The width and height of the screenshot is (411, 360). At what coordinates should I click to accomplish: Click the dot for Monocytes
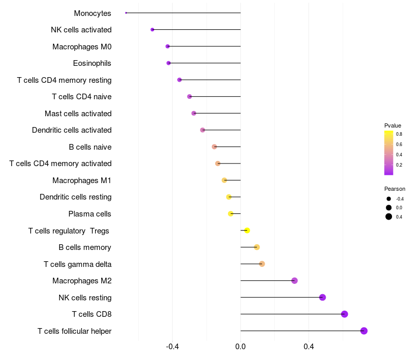(x=126, y=13)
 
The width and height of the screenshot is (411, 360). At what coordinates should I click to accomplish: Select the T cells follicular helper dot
(x=364, y=331)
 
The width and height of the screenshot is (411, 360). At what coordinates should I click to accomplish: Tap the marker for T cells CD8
(x=344, y=314)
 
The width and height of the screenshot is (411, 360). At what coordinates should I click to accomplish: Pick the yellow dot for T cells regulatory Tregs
(x=247, y=230)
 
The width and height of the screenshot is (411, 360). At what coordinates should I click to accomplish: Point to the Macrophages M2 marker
(x=294, y=281)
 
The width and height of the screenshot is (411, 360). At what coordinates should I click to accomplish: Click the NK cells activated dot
(x=152, y=30)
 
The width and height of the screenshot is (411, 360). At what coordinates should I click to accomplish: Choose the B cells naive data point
(x=214, y=147)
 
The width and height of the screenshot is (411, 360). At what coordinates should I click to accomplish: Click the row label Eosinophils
(x=92, y=63)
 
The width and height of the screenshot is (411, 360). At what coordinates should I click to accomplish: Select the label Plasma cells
(x=90, y=214)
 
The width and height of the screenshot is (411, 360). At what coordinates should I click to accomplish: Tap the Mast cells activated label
(x=78, y=114)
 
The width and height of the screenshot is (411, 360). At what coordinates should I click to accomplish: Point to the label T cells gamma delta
(x=78, y=264)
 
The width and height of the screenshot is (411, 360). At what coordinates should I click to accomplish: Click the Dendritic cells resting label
(x=76, y=197)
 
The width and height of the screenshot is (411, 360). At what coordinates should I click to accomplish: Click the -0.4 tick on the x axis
(x=173, y=347)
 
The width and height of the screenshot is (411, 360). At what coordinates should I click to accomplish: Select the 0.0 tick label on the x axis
(x=240, y=347)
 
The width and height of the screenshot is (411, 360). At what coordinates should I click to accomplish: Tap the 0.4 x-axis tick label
(x=309, y=347)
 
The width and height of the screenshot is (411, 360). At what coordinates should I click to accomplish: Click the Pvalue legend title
(x=393, y=125)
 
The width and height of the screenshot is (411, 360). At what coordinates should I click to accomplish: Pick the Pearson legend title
(x=395, y=189)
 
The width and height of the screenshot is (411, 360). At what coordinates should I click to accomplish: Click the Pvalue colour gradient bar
(x=388, y=153)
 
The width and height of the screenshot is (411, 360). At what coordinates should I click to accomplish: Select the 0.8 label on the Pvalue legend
(x=399, y=134)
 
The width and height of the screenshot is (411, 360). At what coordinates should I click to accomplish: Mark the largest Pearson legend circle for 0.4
(x=389, y=217)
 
